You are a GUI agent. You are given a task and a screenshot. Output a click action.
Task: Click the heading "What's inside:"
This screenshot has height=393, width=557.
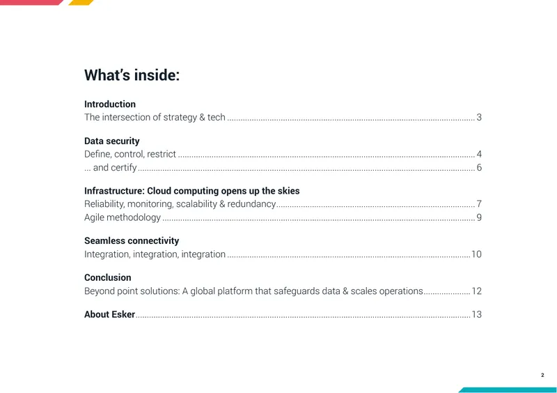tap(132, 75)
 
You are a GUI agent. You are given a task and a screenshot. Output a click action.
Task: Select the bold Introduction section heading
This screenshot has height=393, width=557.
tap(110, 105)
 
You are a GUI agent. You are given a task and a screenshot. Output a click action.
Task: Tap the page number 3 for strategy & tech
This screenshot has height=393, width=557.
tap(479, 117)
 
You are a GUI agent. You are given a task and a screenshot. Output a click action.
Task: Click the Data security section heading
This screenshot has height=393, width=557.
tap(112, 141)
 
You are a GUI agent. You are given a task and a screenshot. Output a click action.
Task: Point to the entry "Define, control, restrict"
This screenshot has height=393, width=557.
tap(130, 155)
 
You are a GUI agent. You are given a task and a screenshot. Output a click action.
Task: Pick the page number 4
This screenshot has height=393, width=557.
tap(479, 154)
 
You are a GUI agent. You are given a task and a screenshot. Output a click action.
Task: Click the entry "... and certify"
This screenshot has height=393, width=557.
tap(111, 167)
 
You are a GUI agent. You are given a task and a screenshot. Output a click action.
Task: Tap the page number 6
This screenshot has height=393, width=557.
tap(479, 167)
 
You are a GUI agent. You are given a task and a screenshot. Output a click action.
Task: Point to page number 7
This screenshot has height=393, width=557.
tap(479, 203)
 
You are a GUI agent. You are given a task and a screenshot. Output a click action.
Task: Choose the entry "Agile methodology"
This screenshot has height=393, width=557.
tap(123, 217)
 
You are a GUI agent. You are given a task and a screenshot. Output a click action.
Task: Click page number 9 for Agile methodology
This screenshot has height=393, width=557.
tap(479, 217)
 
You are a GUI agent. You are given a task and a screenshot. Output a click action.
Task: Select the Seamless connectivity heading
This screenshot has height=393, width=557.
tap(132, 241)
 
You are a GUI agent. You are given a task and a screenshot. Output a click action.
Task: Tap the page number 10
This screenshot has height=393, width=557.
tap(476, 254)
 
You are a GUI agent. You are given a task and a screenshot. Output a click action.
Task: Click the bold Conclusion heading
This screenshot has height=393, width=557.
tap(108, 277)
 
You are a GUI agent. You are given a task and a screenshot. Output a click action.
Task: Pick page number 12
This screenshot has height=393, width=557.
tap(476, 291)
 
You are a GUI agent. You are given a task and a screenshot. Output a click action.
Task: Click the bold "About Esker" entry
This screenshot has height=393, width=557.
tap(110, 314)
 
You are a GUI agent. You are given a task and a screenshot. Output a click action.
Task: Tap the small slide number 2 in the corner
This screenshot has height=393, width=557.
tap(542, 375)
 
